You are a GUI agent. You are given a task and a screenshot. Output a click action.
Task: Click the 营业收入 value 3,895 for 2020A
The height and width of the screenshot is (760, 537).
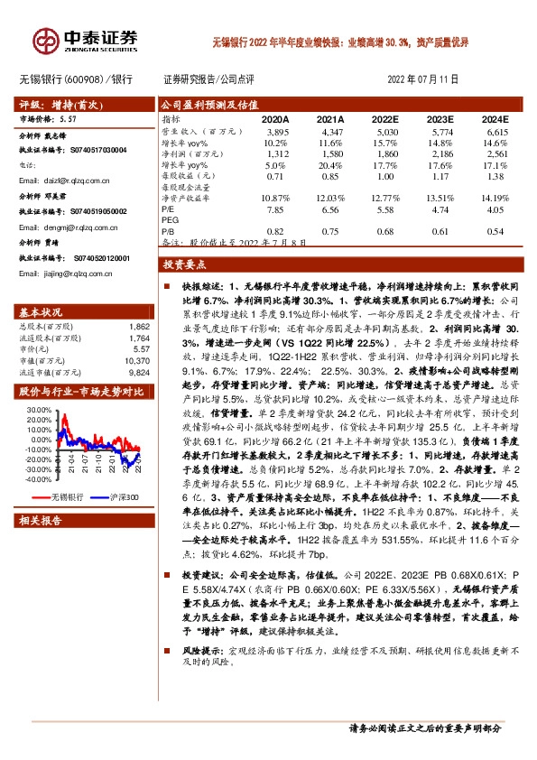[277, 132]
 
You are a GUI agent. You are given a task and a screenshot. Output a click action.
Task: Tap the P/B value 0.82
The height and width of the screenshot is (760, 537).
[277, 231]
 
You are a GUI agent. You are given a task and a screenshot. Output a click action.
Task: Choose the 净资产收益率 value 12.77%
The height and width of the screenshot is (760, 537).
[384, 197]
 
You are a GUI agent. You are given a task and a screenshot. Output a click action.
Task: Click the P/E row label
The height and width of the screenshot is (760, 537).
[168, 209]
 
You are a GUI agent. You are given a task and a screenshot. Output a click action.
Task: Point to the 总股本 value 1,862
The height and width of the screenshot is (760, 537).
[138, 325]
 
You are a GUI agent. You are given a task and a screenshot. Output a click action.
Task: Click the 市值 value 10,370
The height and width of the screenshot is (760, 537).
[136, 358]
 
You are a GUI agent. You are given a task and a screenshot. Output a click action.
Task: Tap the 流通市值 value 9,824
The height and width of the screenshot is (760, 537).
[138, 370]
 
